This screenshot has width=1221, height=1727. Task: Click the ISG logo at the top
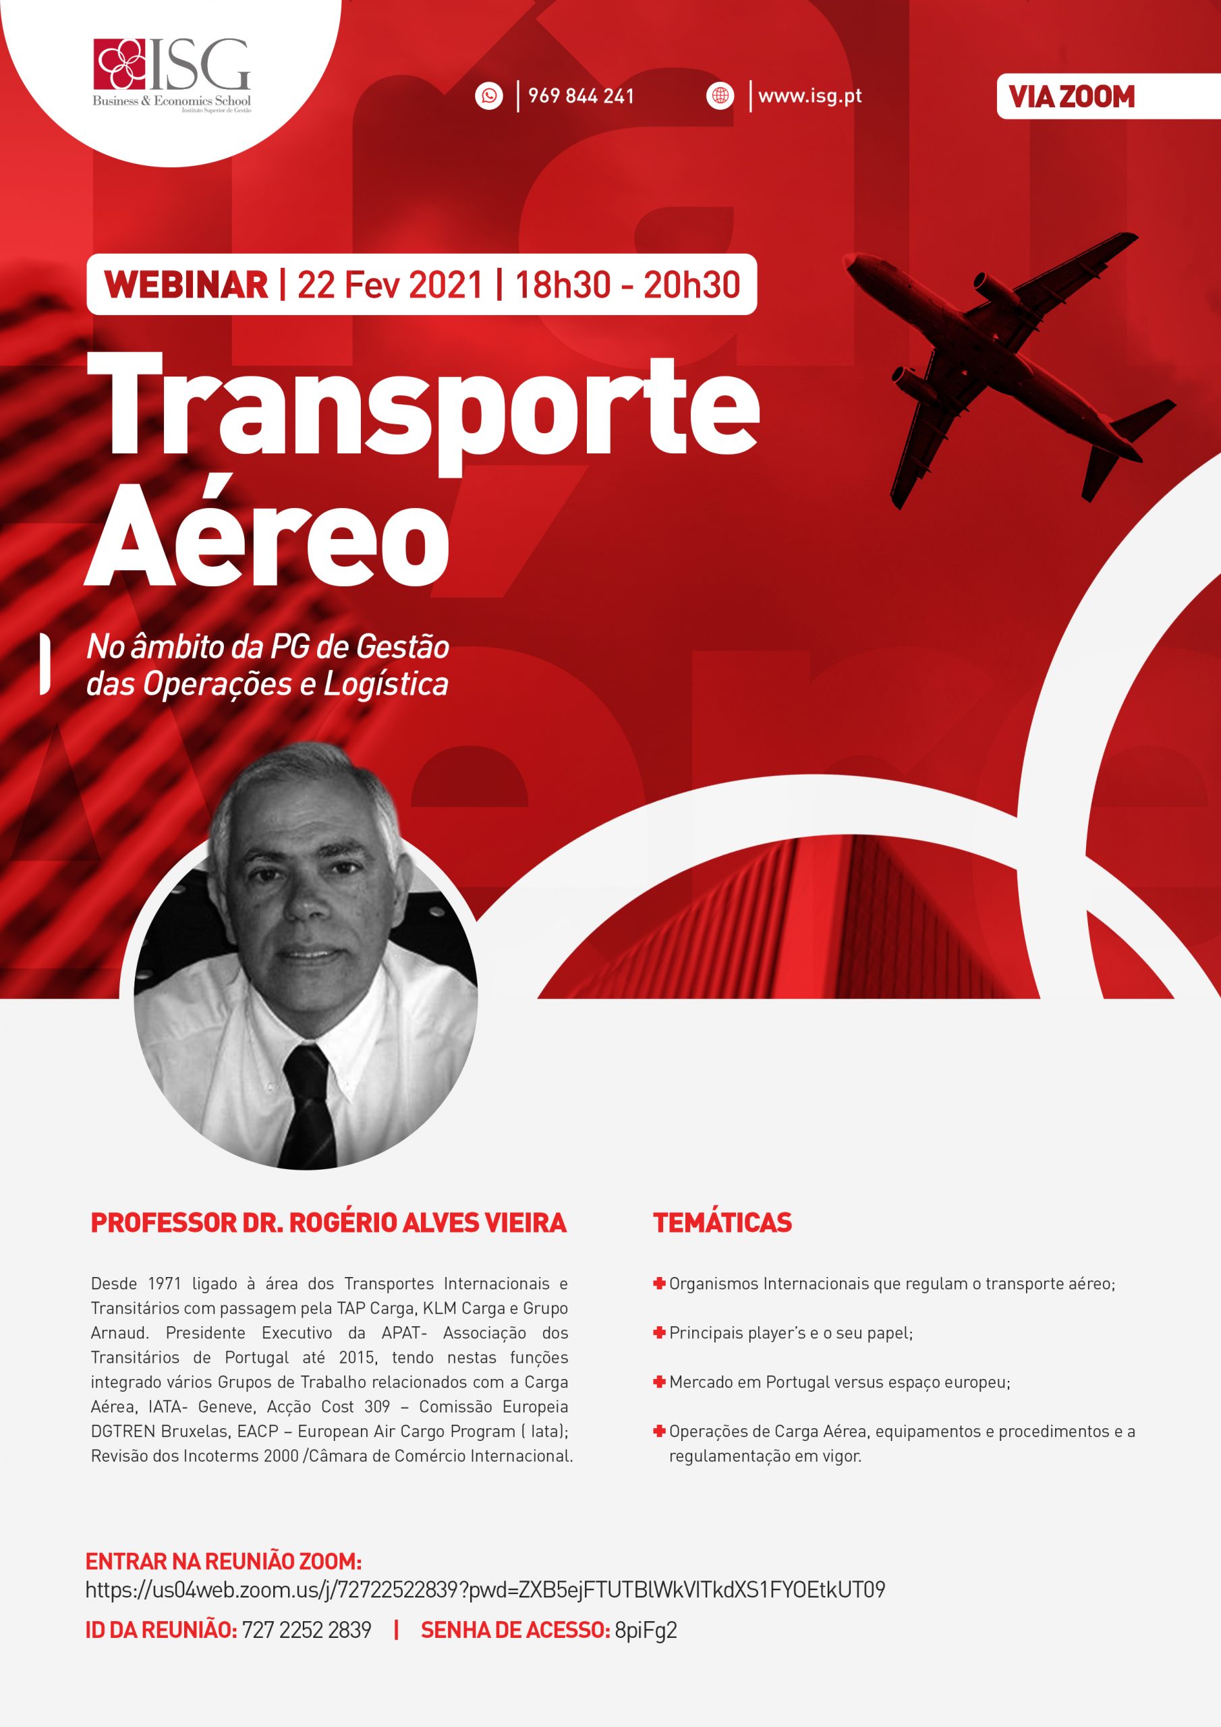click(x=171, y=75)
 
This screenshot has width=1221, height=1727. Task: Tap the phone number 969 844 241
click(x=580, y=96)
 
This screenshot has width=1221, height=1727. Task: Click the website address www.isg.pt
click(x=810, y=96)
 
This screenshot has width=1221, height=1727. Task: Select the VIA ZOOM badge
click(x=1071, y=96)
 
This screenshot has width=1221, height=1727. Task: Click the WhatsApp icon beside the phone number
click(x=489, y=96)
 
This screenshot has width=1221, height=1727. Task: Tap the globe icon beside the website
click(x=720, y=96)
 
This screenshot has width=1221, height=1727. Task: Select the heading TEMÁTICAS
click(x=722, y=1222)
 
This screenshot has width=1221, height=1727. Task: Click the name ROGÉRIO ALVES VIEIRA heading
click(x=427, y=1222)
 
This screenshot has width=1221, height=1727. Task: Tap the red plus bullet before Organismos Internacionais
click(x=659, y=1283)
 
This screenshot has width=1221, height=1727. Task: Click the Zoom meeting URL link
click(x=484, y=1589)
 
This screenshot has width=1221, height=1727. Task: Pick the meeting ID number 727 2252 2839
click(x=306, y=1630)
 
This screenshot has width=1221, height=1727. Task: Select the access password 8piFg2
click(x=646, y=1630)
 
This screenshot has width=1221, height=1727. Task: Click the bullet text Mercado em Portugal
click(x=839, y=1382)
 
